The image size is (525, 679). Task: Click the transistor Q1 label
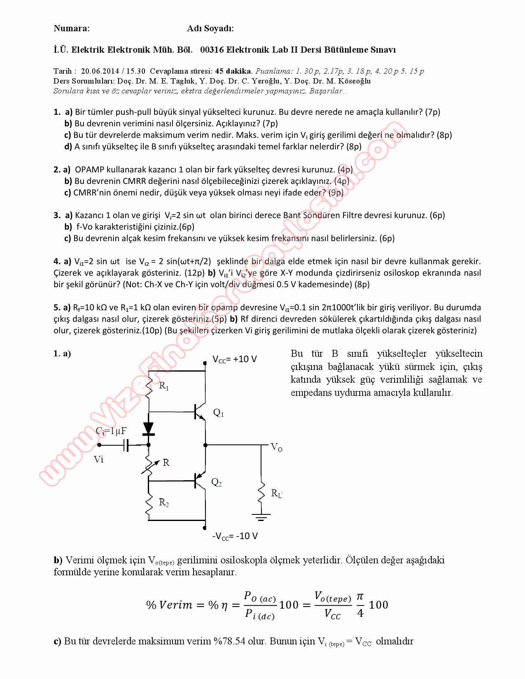(x=218, y=413)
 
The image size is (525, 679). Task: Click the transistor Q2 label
(x=217, y=482)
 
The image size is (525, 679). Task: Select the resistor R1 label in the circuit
(x=164, y=386)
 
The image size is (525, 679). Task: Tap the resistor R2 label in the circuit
(x=164, y=502)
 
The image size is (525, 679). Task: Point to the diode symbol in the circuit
(x=148, y=429)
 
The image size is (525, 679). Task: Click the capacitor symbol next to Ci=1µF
(x=126, y=445)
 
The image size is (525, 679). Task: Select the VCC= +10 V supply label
(x=235, y=359)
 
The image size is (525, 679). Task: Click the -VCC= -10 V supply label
(x=235, y=536)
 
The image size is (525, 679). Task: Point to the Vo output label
(x=276, y=447)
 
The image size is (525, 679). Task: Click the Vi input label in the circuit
(x=98, y=459)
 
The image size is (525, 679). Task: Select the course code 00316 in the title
(x=212, y=50)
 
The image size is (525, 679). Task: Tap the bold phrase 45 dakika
(x=233, y=71)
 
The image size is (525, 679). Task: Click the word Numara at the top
(x=71, y=28)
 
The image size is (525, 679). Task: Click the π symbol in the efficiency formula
(x=360, y=596)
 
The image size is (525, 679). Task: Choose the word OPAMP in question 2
(x=89, y=169)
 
